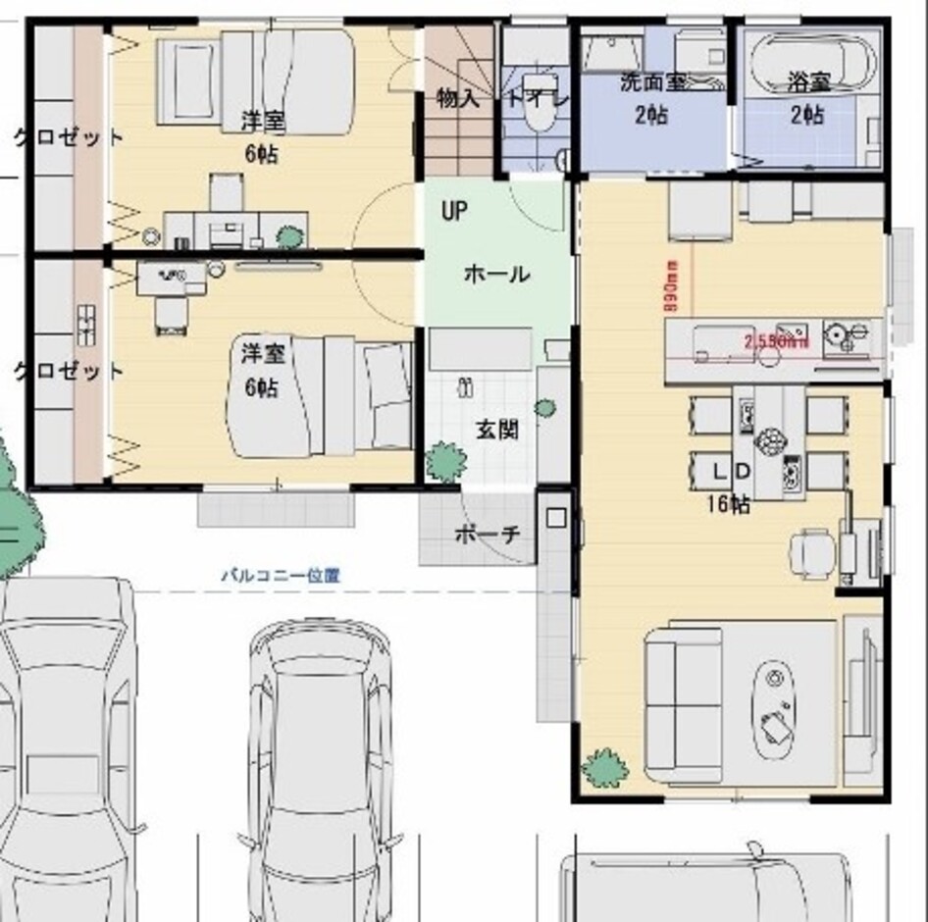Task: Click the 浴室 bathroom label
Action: pyautogui.click(x=807, y=84)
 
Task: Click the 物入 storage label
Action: pyautogui.click(x=457, y=98)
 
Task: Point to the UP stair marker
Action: pyautogui.click(x=454, y=212)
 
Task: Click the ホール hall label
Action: pyautogui.click(x=496, y=274)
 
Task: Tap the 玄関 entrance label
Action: pyautogui.click(x=497, y=430)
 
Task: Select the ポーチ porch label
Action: pyautogui.click(x=488, y=535)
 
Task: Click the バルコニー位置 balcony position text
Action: pyautogui.click(x=280, y=576)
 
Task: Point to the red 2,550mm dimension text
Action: pyautogui.click(x=776, y=341)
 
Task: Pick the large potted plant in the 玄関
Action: pyautogui.click(x=446, y=461)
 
